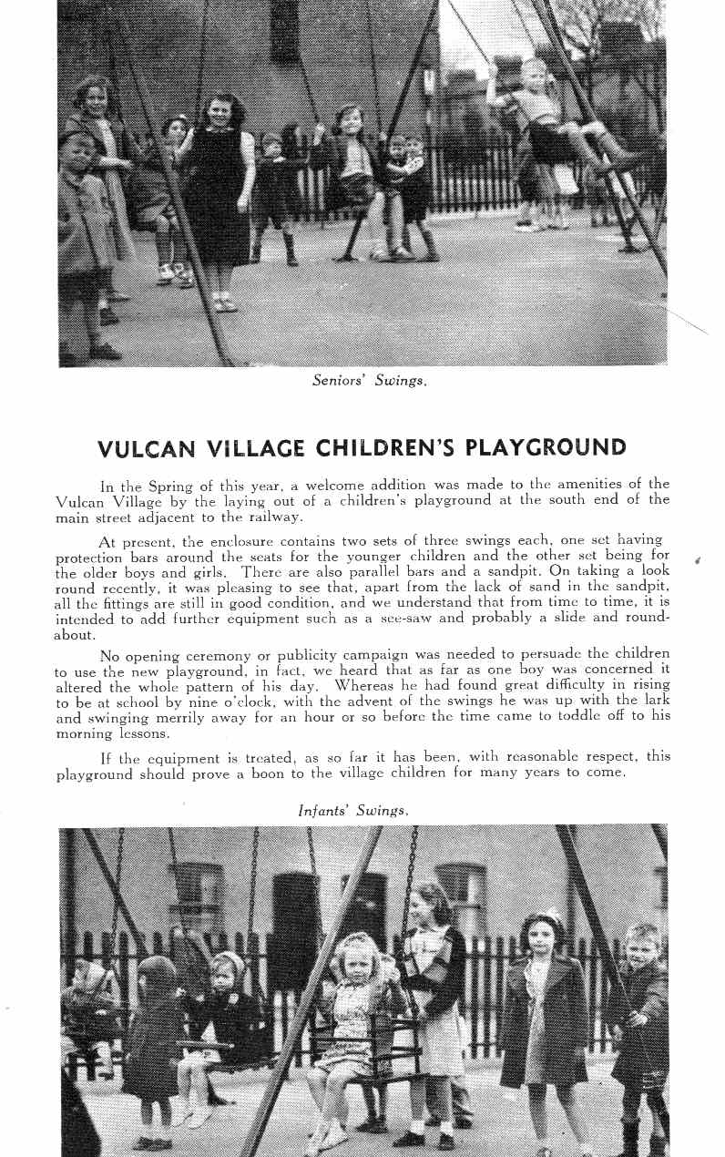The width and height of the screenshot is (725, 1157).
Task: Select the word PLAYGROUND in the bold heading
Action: click(546, 448)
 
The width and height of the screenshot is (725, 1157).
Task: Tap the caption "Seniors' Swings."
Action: click(369, 381)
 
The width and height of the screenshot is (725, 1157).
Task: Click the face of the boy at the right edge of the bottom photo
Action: click(642, 947)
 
